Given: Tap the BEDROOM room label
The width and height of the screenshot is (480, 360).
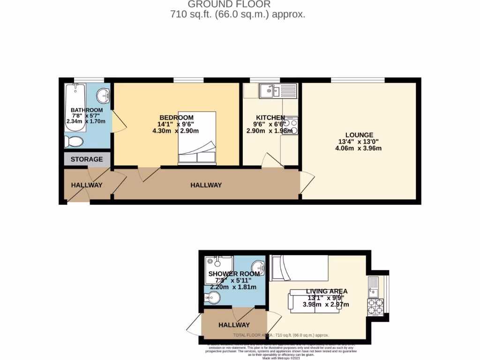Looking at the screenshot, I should [x=176, y=117].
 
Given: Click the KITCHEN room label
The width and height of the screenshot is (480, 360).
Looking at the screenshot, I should [x=270, y=117].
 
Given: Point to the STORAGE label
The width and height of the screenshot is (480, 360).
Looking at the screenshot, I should [x=87, y=159].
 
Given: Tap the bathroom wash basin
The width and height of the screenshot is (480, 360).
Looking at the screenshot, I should [x=103, y=97].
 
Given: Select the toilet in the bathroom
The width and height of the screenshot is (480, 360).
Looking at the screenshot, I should [x=74, y=141].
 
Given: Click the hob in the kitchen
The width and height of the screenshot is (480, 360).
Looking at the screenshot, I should [x=291, y=125].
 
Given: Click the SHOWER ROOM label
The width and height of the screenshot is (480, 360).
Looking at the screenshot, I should [x=233, y=274].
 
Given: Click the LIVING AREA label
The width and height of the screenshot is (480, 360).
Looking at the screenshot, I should [x=326, y=291].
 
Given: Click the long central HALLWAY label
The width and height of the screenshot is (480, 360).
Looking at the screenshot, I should [x=206, y=185].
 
